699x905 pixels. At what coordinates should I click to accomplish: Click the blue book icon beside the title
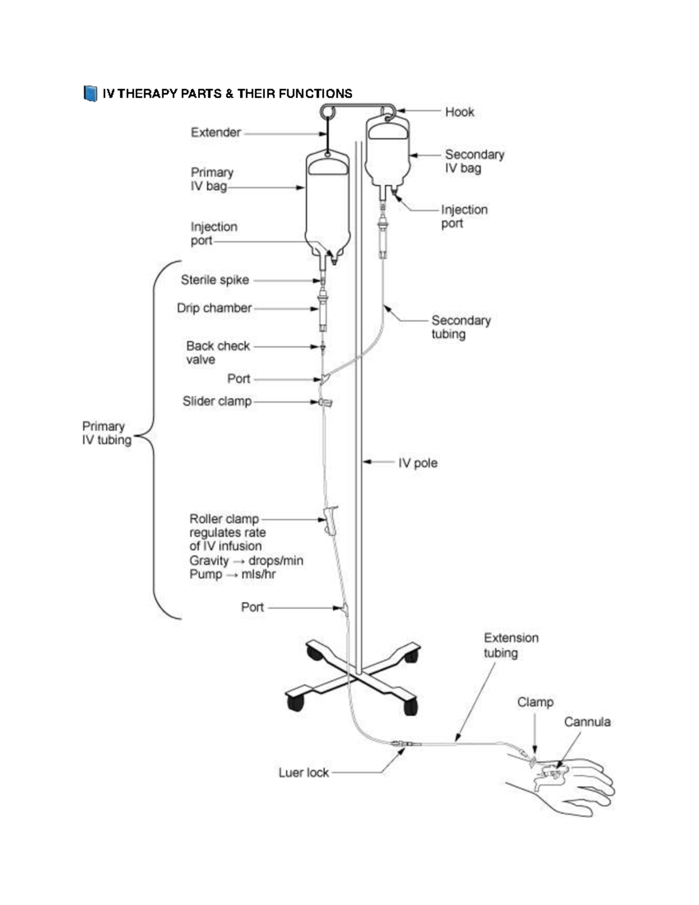tap(90, 93)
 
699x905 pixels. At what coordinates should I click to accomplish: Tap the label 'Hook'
tap(460, 112)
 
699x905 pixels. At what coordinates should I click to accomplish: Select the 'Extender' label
tap(216, 132)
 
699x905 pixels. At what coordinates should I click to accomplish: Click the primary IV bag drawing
tap(327, 204)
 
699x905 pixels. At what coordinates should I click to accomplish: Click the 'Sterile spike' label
tap(215, 280)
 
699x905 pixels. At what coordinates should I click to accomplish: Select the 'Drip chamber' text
tap(214, 308)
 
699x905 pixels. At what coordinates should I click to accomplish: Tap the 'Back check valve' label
tap(218, 353)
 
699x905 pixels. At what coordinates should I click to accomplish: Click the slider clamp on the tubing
tap(326, 402)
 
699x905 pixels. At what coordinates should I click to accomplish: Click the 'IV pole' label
tap(418, 463)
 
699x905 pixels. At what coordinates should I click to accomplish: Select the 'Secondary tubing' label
tap(461, 327)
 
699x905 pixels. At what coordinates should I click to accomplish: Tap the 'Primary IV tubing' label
tap(107, 433)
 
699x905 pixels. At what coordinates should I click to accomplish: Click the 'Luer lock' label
tap(303, 772)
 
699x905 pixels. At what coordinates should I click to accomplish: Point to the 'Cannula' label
tap(587, 721)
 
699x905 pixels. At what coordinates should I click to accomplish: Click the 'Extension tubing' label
tap(511, 645)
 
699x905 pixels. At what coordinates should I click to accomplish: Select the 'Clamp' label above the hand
tap(535, 702)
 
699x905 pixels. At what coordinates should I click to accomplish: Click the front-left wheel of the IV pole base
tap(295, 702)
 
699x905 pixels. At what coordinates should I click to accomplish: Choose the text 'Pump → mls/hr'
tap(232, 574)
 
